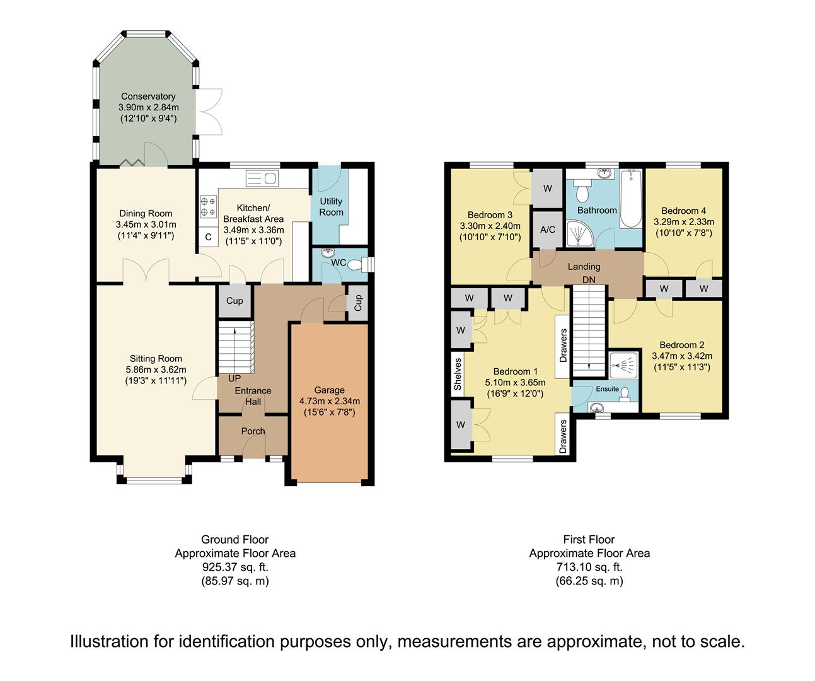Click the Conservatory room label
148,96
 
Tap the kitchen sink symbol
262,178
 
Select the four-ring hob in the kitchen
208,207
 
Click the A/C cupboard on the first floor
548,230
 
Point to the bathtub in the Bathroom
631,199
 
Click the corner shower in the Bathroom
580,233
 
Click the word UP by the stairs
234,378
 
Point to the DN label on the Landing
589,280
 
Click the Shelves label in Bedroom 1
458,374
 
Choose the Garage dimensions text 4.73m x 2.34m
330,401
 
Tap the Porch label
253,431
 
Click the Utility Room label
331,207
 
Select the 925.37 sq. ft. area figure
235,567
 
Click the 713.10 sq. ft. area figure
589,567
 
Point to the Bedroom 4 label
683,211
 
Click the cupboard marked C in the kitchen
209,236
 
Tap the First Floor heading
589,539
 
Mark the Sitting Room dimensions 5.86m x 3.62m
156,370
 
